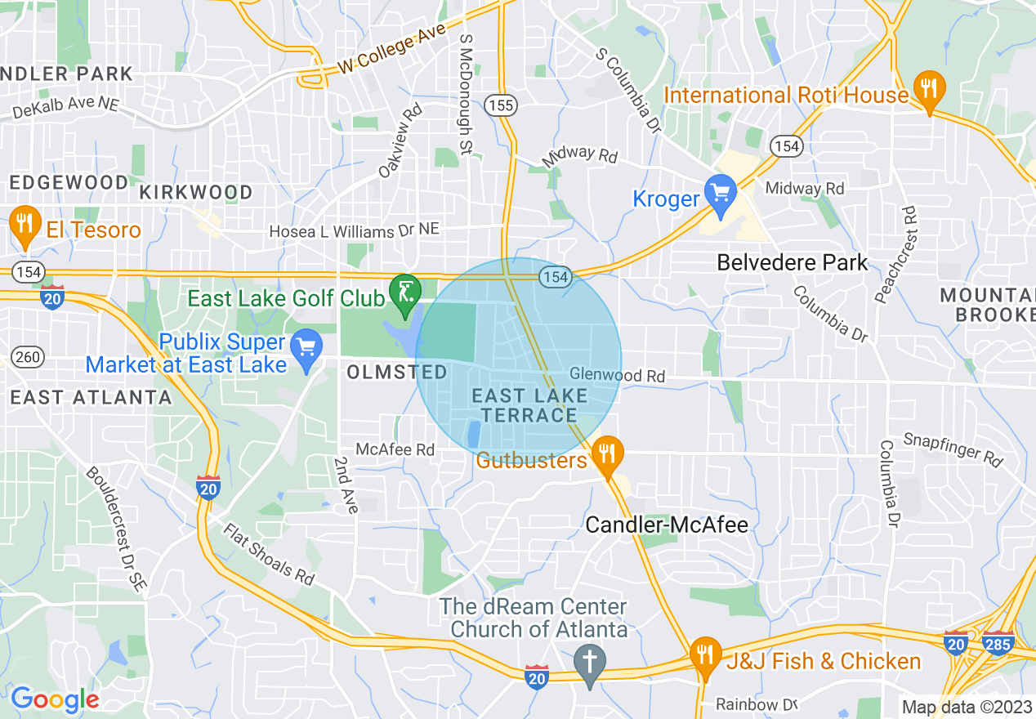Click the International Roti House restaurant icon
point(928,87)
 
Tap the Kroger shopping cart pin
point(721,194)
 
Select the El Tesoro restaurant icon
point(25,223)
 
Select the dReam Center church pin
point(590,663)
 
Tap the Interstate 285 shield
point(998,641)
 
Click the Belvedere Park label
point(792,262)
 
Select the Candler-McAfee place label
point(667,524)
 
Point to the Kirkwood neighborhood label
point(196,192)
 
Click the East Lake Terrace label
point(529,405)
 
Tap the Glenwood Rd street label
point(618,374)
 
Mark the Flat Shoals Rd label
point(269,555)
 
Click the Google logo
point(54,699)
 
